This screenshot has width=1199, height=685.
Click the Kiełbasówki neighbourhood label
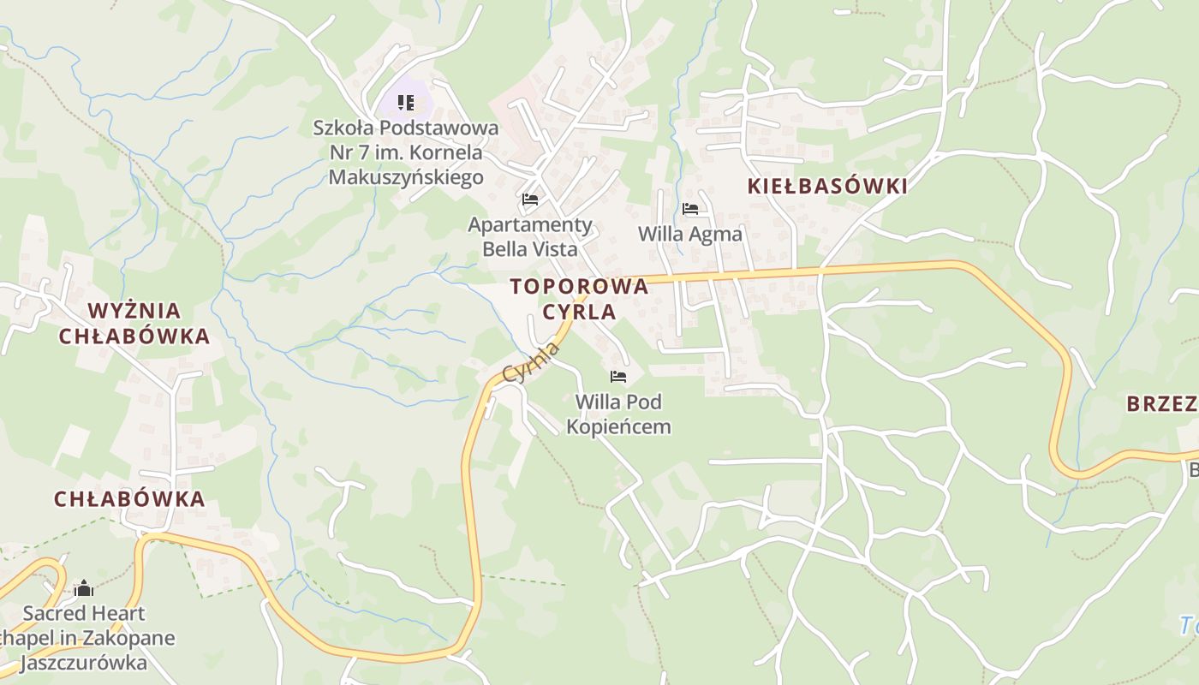point(826,187)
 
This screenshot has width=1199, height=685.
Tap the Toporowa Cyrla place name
point(579,299)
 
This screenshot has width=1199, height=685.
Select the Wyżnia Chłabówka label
point(134,323)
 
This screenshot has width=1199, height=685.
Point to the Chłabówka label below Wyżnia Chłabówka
point(129,499)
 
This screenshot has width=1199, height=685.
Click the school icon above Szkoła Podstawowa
point(406,104)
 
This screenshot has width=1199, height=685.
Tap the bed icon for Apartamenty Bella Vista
point(530,200)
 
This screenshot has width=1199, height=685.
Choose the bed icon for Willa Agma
point(690,209)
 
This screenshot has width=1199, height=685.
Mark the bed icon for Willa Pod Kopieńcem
point(618,377)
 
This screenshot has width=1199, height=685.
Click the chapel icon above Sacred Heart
point(83,588)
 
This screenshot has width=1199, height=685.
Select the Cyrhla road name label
point(531,363)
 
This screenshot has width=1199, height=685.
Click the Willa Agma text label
point(690,234)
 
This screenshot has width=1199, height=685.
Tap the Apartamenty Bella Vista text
point(530,237)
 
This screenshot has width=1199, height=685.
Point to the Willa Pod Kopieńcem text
point(618,414)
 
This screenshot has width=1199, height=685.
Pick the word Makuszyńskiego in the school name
point(406,177)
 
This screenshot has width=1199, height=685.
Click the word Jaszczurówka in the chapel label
point(83,663)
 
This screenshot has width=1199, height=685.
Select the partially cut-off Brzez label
point(1161,404)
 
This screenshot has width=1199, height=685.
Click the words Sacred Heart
point(84,613)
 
